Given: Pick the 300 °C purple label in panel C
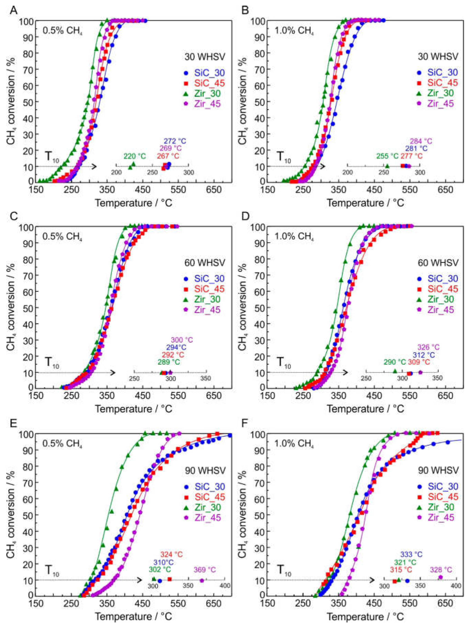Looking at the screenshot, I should coord(182,340).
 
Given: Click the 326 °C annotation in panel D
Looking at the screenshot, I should coord(428,347).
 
